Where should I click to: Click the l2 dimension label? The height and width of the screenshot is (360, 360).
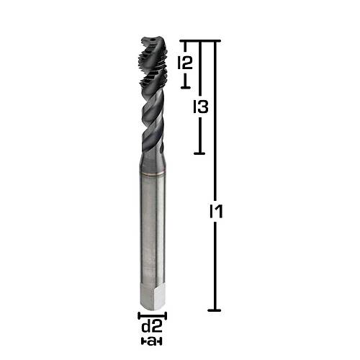[185, 63]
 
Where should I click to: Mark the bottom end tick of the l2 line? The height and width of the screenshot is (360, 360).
[185, 86]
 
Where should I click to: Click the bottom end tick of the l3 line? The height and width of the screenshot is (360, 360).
[200, 153]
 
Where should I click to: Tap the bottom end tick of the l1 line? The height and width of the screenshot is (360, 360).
[215, 310]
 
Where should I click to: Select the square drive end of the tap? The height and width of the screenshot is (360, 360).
[152, 298]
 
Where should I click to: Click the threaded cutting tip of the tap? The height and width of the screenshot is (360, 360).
[152, 54]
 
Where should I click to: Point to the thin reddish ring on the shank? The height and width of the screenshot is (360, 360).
[152, 175]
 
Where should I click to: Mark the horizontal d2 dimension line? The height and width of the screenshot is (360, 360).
[153, 316]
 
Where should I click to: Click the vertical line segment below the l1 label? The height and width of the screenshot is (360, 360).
[215, 266]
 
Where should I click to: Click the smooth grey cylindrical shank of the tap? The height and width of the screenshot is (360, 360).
[152, 230]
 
